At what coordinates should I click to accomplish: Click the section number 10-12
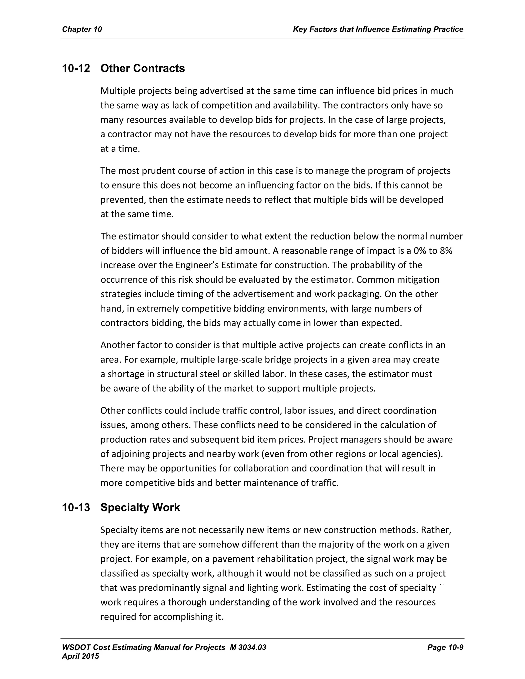[x=76, y=68]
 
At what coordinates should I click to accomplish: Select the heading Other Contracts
[x=143, y=68]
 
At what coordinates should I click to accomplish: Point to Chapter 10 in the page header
[x=82, y=29]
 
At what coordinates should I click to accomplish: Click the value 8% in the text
[x=446, y=251]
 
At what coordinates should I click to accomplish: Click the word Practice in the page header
[x=449, y=29]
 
